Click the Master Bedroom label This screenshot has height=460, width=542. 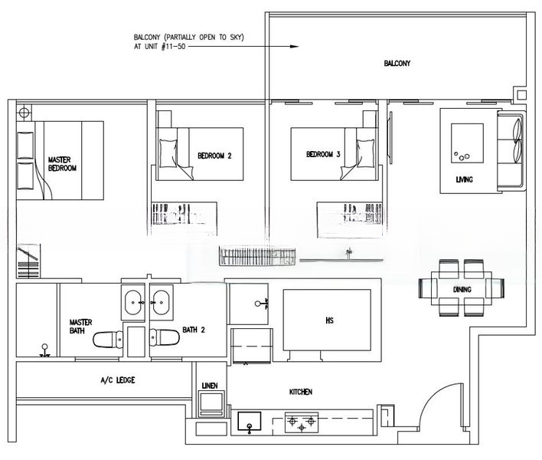(62, 164)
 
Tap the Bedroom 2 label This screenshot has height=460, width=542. (214, 156)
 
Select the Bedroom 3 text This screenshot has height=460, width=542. (323, 154)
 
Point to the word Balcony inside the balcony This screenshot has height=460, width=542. (397, 64)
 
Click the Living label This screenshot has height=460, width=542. (464, 179)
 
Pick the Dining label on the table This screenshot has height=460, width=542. (462, 289)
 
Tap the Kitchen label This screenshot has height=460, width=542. (301, 392)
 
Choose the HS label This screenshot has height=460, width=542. (329, 320)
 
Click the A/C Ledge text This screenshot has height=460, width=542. (118, 380)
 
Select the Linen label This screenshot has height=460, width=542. (210, 386)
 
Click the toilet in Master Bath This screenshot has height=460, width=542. (108, 339)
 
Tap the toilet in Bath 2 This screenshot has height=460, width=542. (165, 337)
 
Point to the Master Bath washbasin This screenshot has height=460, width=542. (133, 303)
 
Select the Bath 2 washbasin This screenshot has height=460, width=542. (161, 303)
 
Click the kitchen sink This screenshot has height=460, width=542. (250, 421)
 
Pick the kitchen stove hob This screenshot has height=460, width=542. (302, 422)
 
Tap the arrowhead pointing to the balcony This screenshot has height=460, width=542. (294, 46)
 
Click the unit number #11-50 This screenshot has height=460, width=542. (173, 46)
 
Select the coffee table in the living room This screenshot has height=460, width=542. (467, 143)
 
